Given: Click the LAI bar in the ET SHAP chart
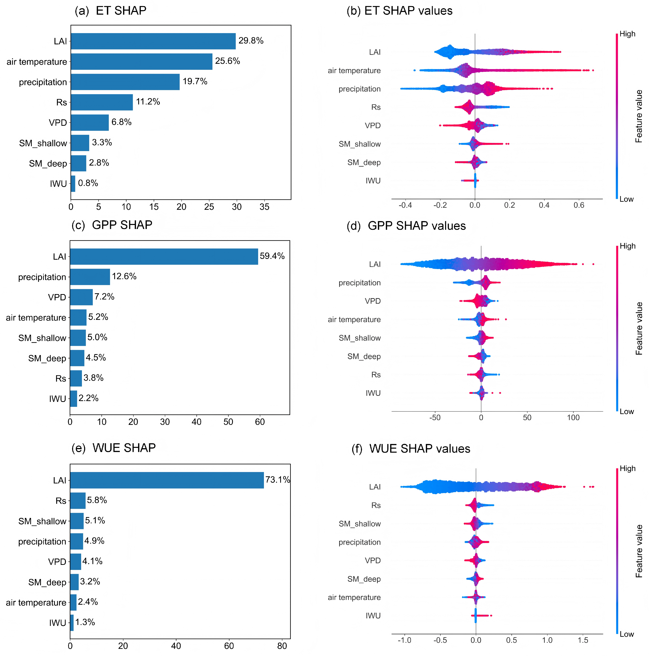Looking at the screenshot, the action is coord(153,41).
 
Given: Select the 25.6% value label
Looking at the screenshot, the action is coord(227,61).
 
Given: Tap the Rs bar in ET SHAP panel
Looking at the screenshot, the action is coord(102,102).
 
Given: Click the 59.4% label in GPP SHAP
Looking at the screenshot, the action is coord(272,256).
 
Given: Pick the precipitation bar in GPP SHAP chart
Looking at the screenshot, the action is coord(90,277).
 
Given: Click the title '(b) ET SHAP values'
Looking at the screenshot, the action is coord(399,11).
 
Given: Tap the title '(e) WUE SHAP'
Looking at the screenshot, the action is coord(113,448).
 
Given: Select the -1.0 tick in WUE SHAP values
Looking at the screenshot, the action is coord(404,640).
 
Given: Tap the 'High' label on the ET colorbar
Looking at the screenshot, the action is coord(627,34).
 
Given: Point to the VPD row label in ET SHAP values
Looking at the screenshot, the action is coord(373,126).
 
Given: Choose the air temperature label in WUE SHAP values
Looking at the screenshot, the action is coord(354,597).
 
